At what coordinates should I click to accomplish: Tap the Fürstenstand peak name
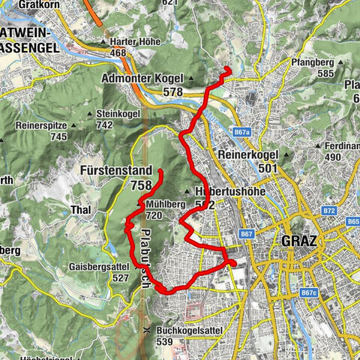coord(115,170)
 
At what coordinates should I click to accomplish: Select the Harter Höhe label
coord(134,42)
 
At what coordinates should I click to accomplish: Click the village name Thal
coord(79,210)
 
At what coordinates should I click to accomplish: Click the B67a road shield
coord(241,132)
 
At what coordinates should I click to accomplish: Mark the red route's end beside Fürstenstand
coord(160,172)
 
